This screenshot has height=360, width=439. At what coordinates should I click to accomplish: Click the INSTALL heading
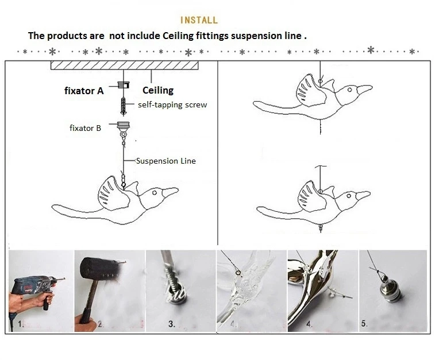pos(199,20)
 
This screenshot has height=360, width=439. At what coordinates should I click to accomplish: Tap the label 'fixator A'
pos(84,91)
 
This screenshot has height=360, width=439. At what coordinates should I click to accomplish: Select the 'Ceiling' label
pos(158,90)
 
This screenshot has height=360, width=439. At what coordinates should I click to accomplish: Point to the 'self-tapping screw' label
pos(172,104)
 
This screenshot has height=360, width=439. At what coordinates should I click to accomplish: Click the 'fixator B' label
pos(85,128)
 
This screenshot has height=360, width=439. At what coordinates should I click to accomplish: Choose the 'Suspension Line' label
pos(165,161)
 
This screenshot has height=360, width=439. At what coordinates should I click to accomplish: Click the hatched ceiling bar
pos(124,65)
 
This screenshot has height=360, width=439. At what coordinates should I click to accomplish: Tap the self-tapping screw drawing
pos(123,106)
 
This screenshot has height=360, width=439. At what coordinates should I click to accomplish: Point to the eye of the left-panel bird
pos(154,193)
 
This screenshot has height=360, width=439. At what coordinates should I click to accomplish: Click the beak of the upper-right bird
pos(364,89)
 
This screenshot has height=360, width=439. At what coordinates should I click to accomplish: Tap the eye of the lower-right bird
pos(349,196)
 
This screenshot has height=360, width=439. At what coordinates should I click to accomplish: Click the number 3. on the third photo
pos(172,324)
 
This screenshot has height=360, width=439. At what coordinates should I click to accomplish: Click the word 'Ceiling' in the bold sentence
pos(178,36)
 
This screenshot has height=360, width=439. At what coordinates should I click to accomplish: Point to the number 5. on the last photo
pos(364,324)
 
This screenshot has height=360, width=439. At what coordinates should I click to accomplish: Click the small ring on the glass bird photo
pos(238,273)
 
